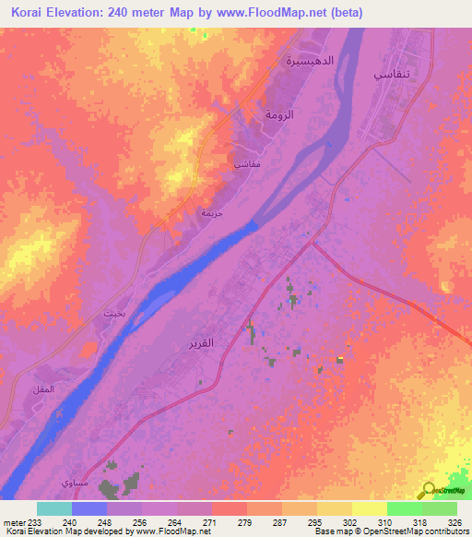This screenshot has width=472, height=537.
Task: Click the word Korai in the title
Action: [31, 13]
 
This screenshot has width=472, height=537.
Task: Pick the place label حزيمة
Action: [212, 212]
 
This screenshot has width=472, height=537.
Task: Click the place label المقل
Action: [42, 389]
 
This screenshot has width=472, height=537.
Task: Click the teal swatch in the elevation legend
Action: [54, 508]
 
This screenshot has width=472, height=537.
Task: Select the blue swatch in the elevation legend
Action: [89, 508]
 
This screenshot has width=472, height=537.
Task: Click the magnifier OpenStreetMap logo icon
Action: [428, 490]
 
